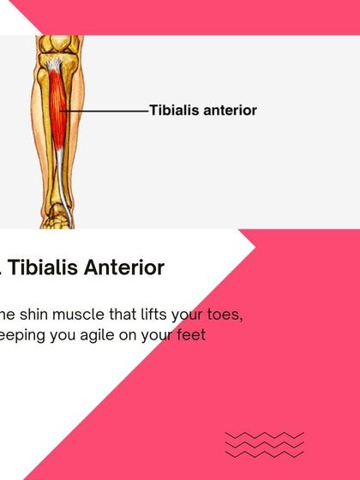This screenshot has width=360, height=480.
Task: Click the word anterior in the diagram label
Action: pyautogui.click(x=229, y=111)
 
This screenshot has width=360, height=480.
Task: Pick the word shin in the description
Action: pyautogui.click(x=33, y=315)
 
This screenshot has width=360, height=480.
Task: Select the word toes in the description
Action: pyautogui.click(x=225, y=315)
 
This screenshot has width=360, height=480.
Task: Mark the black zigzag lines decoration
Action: pyautogui.click(x=264, y=445)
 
